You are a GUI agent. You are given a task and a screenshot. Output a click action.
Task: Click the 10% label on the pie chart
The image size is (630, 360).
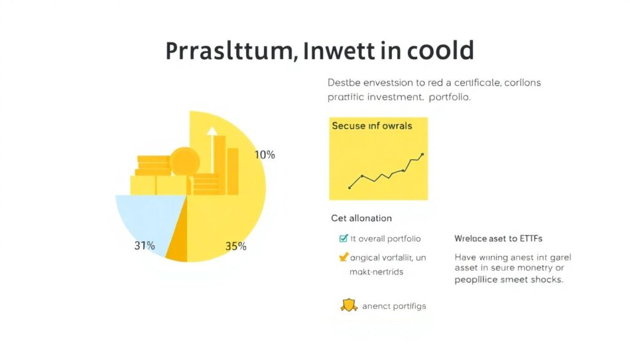(x=265, y=154)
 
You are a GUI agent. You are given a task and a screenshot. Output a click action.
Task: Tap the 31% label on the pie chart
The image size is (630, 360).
(x=145, y=246)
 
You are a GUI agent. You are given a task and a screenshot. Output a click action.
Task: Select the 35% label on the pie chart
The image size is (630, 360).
(x=236, y=246)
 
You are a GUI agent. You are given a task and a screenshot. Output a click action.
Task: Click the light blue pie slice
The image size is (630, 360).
(x=145, y=218)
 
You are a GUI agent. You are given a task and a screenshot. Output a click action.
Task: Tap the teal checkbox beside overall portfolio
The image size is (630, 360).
(x=343, y=238)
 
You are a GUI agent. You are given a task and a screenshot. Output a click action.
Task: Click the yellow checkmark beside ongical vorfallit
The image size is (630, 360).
(x=343, y=257)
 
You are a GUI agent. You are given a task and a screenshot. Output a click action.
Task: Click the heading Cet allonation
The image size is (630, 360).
(x=361, y=218)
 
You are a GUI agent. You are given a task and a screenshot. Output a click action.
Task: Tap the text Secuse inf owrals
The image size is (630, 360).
(x=372, y=126)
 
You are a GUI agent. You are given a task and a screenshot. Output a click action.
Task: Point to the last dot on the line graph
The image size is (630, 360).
(x=422, y=154)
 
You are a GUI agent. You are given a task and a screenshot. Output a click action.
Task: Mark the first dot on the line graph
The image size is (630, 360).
(x=349, y=187)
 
